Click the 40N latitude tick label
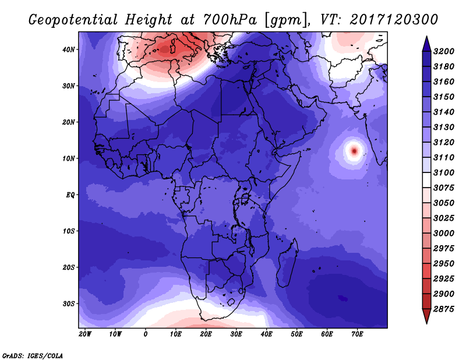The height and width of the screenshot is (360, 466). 69,50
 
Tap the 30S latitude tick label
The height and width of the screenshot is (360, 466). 69,303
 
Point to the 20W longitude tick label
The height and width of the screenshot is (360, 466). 85,334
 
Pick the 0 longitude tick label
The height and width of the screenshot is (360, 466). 145,334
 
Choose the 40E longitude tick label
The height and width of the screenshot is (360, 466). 266,334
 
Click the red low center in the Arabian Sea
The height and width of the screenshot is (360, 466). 354,150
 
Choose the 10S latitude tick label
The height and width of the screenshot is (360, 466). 69,231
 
